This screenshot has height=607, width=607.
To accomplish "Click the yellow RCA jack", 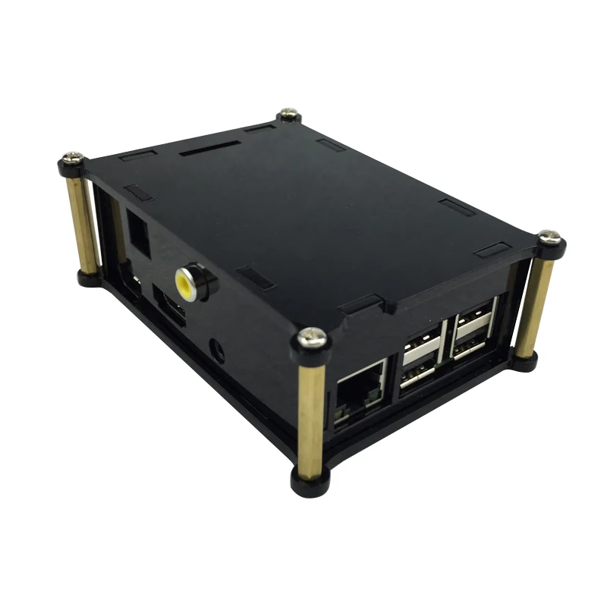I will pos(185,280).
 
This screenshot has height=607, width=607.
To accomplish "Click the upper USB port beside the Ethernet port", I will pos(420,348).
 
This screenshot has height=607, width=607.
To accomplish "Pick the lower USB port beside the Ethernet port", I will pos(418,374).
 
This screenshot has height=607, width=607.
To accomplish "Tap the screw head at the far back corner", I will pos(289,114).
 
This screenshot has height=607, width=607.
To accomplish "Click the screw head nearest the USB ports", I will pos(551,237).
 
